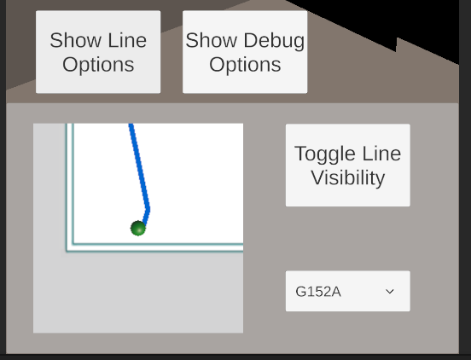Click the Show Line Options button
click(98, 52)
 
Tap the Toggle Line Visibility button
click(348, 165)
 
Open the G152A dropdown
click(348, 291)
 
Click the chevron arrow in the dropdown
click(390, 292)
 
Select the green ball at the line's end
click(138, 228)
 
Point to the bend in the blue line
click(148, 209)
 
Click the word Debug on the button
click(274, 41)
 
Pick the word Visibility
click(348, 177)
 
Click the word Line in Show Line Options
click(127, 40)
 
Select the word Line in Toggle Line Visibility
click(381, 154)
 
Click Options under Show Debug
click(245, 65)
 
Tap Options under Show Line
click(98, 65)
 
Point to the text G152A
click(318, 292)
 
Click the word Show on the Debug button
click(211, 40)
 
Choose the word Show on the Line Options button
click(75, 40)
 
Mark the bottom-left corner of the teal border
click(67, 251)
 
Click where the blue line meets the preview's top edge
click(131, 124)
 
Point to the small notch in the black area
click(397, 45)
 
